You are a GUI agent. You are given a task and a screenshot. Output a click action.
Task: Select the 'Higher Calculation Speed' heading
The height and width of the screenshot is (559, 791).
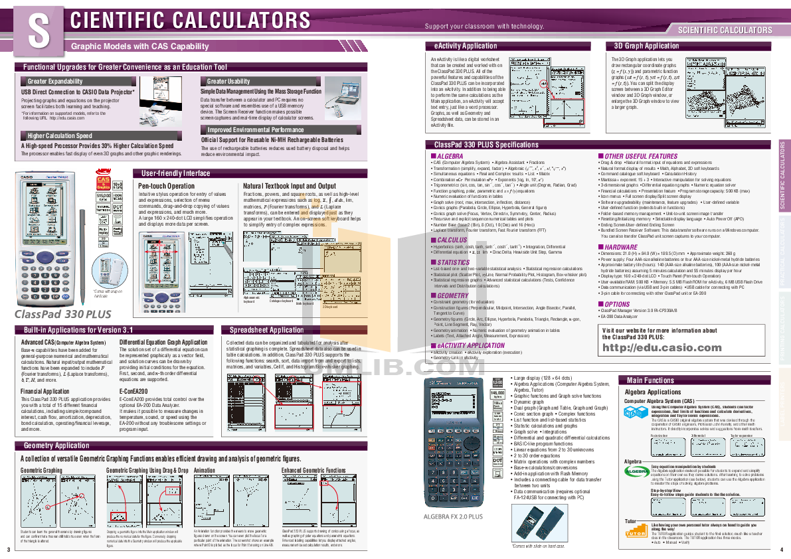coord(60,136)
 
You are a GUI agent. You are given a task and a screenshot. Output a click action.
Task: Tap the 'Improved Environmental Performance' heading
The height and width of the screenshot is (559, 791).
coord(256,130)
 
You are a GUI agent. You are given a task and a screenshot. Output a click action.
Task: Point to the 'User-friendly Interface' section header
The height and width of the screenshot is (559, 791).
coord(175,173)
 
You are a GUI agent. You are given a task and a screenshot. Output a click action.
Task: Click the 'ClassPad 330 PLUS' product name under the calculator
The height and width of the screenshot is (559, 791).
coord(63,314)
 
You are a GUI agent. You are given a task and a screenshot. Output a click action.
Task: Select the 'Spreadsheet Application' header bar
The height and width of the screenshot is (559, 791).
coord(266,330)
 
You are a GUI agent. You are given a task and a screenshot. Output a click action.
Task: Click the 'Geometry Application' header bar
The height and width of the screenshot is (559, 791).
coord(56,445)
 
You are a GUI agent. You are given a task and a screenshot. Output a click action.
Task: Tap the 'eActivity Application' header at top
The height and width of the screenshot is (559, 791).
coord(465,46)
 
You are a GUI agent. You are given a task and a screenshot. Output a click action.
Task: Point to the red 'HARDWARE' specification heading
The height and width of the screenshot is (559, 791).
coord(620,247)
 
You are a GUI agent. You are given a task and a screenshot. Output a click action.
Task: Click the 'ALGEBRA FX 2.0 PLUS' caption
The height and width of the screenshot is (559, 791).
coord(453,516)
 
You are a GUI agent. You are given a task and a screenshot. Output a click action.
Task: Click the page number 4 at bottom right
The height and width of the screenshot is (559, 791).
coord(782,549)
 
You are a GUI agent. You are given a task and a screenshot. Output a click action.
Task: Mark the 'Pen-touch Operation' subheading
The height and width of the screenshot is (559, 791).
coord(167,187)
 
